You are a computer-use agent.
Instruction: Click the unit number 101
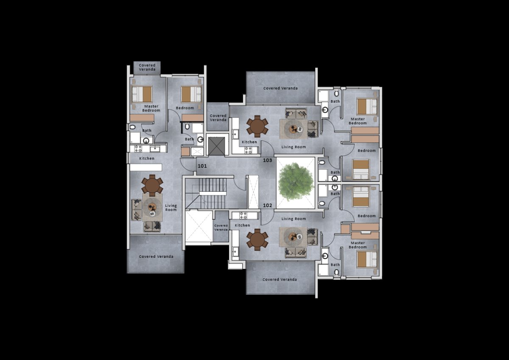pos(202,166)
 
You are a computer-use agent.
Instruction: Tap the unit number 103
pos(268,160)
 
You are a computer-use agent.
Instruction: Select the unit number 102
pos(268,205)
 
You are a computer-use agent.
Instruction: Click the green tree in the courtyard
pos(296,182)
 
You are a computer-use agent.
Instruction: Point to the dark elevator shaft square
pos(216,146)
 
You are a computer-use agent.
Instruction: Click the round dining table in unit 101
pos(152,185)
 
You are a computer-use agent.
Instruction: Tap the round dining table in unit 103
pos(257,126)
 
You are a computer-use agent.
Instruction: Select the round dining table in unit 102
pos(257,240)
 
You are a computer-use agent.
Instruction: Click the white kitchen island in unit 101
pos(146,167)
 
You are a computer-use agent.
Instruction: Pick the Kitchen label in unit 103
pos(249,142)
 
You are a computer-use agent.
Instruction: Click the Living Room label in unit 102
pos(294,219)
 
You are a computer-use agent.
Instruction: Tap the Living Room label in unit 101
pos(171,208)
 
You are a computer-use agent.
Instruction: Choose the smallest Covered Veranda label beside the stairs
pos(221,228)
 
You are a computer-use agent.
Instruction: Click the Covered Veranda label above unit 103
pos(280,88)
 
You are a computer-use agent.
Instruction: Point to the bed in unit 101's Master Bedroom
pos(142,94)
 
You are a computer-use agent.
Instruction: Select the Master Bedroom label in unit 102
pos(358,245)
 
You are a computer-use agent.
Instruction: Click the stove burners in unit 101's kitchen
pos(138,149)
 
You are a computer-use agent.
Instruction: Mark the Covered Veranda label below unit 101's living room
pos(156,257)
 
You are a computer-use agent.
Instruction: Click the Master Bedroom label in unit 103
pos(358,121)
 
